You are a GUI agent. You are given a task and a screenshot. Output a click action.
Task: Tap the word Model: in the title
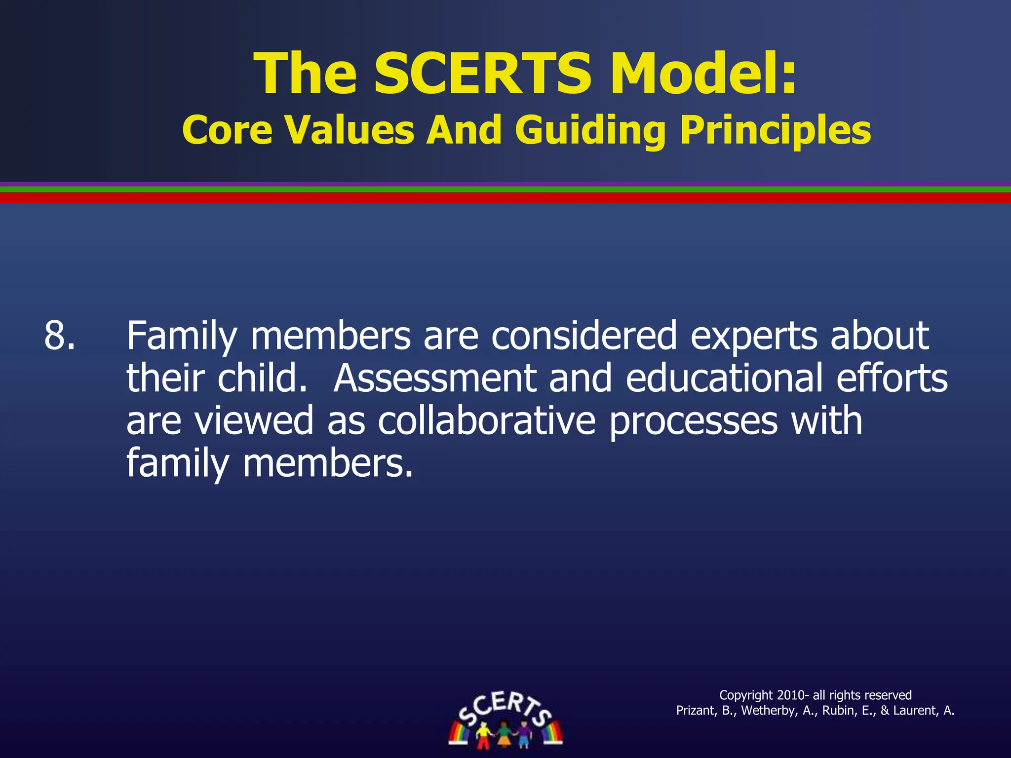pos(703,74)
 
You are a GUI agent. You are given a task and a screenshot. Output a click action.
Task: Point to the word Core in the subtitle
pos(227,130)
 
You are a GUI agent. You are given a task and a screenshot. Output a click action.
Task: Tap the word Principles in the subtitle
pos(776,130)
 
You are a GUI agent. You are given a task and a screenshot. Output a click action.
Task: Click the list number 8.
pos(60,336)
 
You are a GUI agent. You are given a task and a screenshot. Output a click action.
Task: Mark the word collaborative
pos(487,421)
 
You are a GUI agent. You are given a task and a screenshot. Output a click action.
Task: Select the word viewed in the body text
pos(254,421)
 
